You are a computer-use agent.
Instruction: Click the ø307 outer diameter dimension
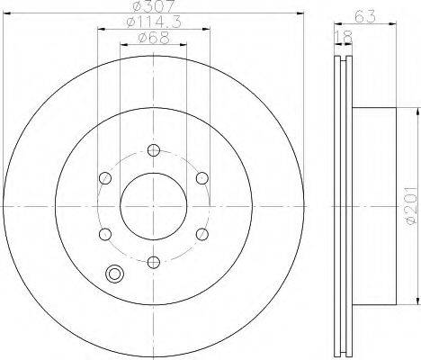(x=154, y=9)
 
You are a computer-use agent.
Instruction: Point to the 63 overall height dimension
(x=363, y=13)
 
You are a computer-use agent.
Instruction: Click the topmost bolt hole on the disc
(x=154, y=148)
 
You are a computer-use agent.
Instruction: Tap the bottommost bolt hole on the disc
(x=154, y=262)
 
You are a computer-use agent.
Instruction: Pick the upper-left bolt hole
(x=104, y=177)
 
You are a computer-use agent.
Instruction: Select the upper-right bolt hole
(x=203, y=177)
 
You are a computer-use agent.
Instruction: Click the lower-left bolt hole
(x=104, y=234)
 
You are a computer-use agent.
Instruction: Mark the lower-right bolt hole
(x=203, y=234)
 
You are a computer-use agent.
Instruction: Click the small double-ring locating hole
(x=114, y=276)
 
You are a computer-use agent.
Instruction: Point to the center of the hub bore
(x=154, y=205)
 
